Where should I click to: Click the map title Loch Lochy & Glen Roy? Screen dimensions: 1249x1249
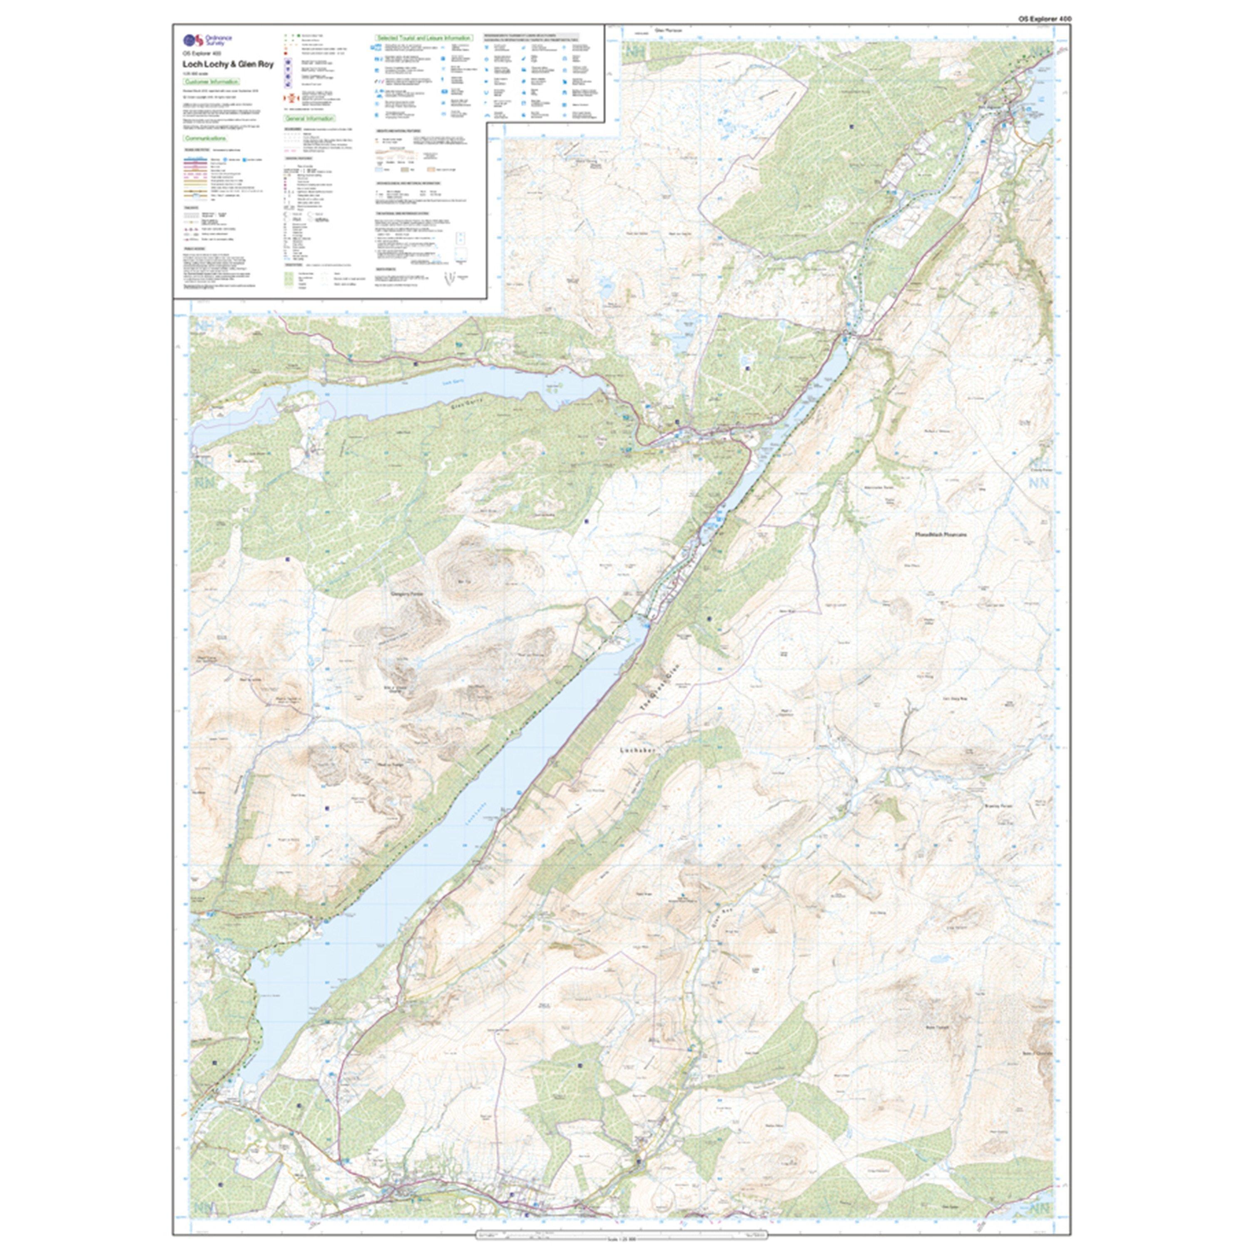coord(228,65)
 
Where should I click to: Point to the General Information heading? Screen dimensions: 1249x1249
coord(310,119)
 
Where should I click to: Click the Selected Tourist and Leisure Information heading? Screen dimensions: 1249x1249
coord(424,39)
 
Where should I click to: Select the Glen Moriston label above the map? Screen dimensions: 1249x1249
coord(669,30)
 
